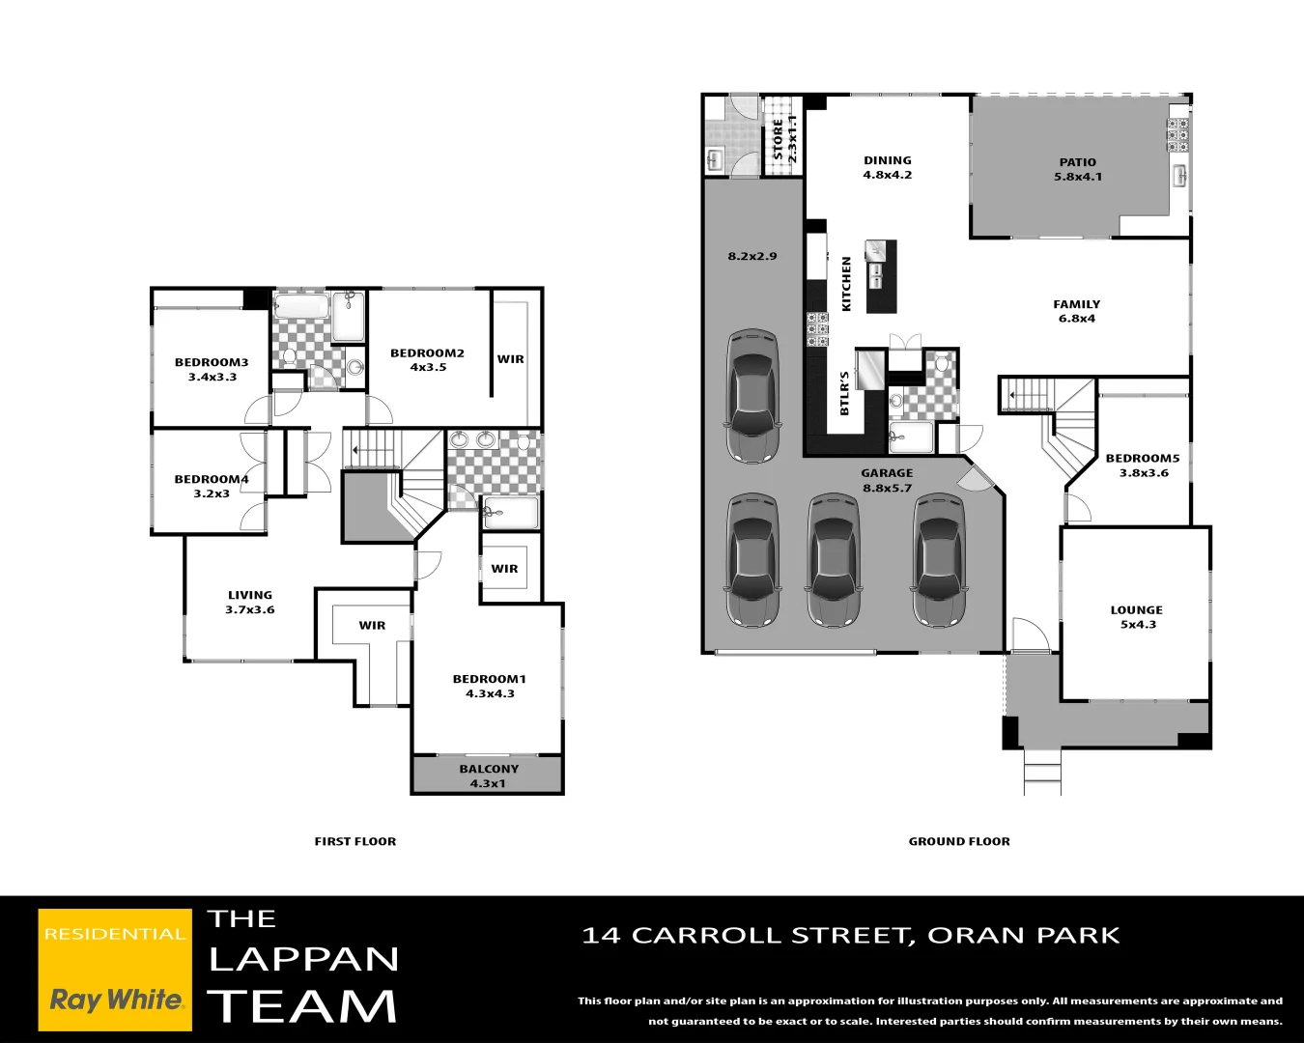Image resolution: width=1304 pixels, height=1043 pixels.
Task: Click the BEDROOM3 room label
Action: pyautogui.click(x=212, y=363)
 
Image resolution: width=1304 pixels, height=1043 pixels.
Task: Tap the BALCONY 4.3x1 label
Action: pyautogui.click(x=489, y=775)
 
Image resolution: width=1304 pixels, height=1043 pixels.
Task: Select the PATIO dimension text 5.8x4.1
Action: pyautogui.click(x=1078, y=177)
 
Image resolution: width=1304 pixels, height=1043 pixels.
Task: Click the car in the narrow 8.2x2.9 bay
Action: pyautogui.click(x=752, y=396)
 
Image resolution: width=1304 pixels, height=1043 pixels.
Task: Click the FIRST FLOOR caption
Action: pyautogui.click(x=354, y=841)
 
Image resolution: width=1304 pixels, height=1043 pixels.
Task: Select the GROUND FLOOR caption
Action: pyautogui.click(x=958, y=841)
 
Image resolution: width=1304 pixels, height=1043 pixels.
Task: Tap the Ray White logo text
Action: pyautogui.click(x=115, y=1000)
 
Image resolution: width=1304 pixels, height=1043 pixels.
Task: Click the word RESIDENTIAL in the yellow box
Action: pyautogui.click(x=114, y=934)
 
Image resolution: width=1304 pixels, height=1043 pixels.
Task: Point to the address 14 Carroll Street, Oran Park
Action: pyautogui.click(x=851, y=935)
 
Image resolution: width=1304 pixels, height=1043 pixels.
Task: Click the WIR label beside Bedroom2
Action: pyautogui.click(x=510, y=359)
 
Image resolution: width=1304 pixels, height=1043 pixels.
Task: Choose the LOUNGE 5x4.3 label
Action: pyautogui.click(x=1136, y=617)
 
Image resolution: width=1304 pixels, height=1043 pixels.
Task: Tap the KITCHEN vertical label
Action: pyautogui.click(x=847, y=284)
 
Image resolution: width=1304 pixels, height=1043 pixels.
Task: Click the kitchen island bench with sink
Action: pyautogui.click(x=881, y=276)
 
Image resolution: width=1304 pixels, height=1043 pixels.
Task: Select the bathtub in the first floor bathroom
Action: pyautogui.click(x=301, y=307)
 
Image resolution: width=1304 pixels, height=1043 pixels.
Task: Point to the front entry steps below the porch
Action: pyautogui.click(x=1042, y=773)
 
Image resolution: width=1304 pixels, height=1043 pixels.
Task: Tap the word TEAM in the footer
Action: pyautogui.click(x=302, y=1006)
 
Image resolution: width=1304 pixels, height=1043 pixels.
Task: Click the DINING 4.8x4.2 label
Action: pyautogui.click(x=887, y=167)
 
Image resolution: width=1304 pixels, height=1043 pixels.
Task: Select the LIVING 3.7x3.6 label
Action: pyautogui.click(x=250, y=602)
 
